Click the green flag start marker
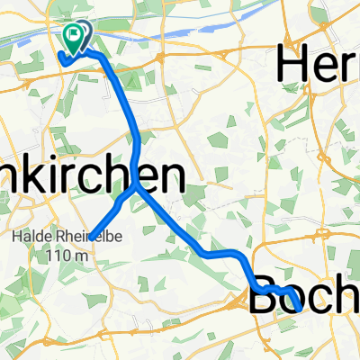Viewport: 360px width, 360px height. [x=73, y=37]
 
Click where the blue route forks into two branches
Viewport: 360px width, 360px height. [x=137, y=188]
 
